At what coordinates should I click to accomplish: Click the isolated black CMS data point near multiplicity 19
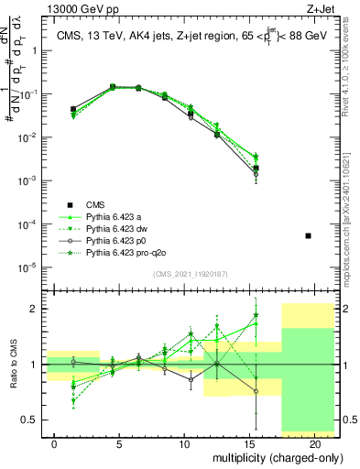[x=308, y=236]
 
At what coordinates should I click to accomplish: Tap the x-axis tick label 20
[x=313, y=442]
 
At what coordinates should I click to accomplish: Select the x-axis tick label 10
[x=184, y=442]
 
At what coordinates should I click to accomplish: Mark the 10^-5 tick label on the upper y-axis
[x=30, y=267]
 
